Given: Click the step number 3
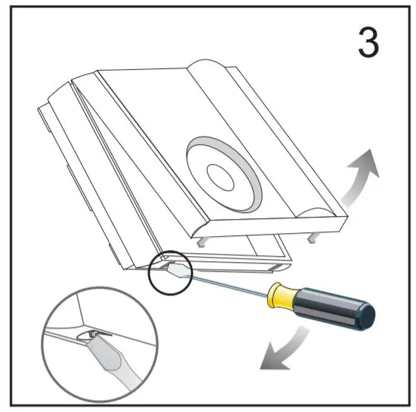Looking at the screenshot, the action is (369, 42).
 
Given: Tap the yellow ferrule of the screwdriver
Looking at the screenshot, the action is (281, 295).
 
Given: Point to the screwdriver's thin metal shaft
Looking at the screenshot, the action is (229, 285).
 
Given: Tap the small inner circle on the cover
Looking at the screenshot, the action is (220, 177).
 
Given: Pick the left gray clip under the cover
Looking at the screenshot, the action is (202, 242).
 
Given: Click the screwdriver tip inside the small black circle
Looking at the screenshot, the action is (179, 269).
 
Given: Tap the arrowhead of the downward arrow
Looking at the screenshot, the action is (274, 357).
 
